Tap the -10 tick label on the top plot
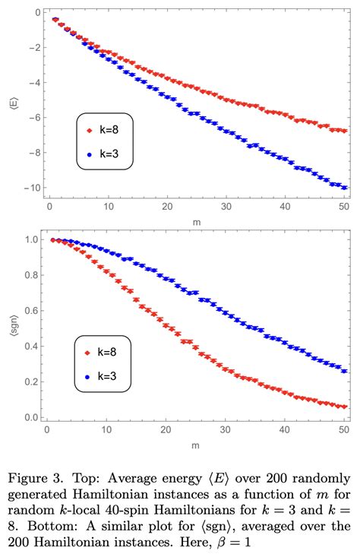tap(30, 188)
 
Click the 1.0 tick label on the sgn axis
tap(31, 239)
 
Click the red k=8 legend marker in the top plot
tap(90, 130)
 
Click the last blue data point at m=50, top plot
tap(345, 187)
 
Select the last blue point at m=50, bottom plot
tap(345, 371)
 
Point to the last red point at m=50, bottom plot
tap(345, 407)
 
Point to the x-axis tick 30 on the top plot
tap(226, 206)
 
